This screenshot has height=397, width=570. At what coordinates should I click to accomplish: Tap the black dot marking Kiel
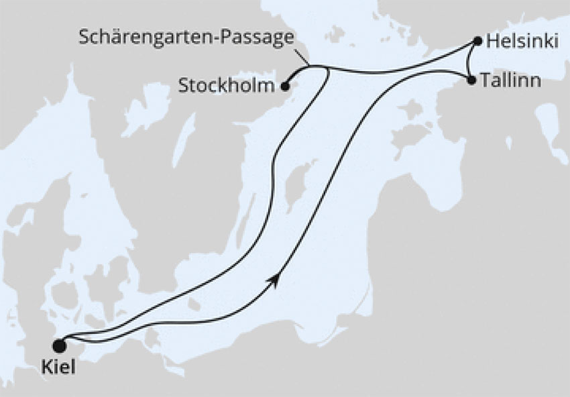(60, 346)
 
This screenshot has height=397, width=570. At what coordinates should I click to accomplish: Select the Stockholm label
(226, 86)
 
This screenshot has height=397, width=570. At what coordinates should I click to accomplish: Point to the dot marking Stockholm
(285, 86)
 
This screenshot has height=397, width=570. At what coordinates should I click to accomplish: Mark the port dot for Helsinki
(477, 41)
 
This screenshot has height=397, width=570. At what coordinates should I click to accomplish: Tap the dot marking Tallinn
(471, 80)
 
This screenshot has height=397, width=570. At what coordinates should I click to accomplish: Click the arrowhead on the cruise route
(274, 280)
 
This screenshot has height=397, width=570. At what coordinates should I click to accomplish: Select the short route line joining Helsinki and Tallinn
(467, 61)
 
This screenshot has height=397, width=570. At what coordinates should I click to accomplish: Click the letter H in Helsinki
(492, 42)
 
